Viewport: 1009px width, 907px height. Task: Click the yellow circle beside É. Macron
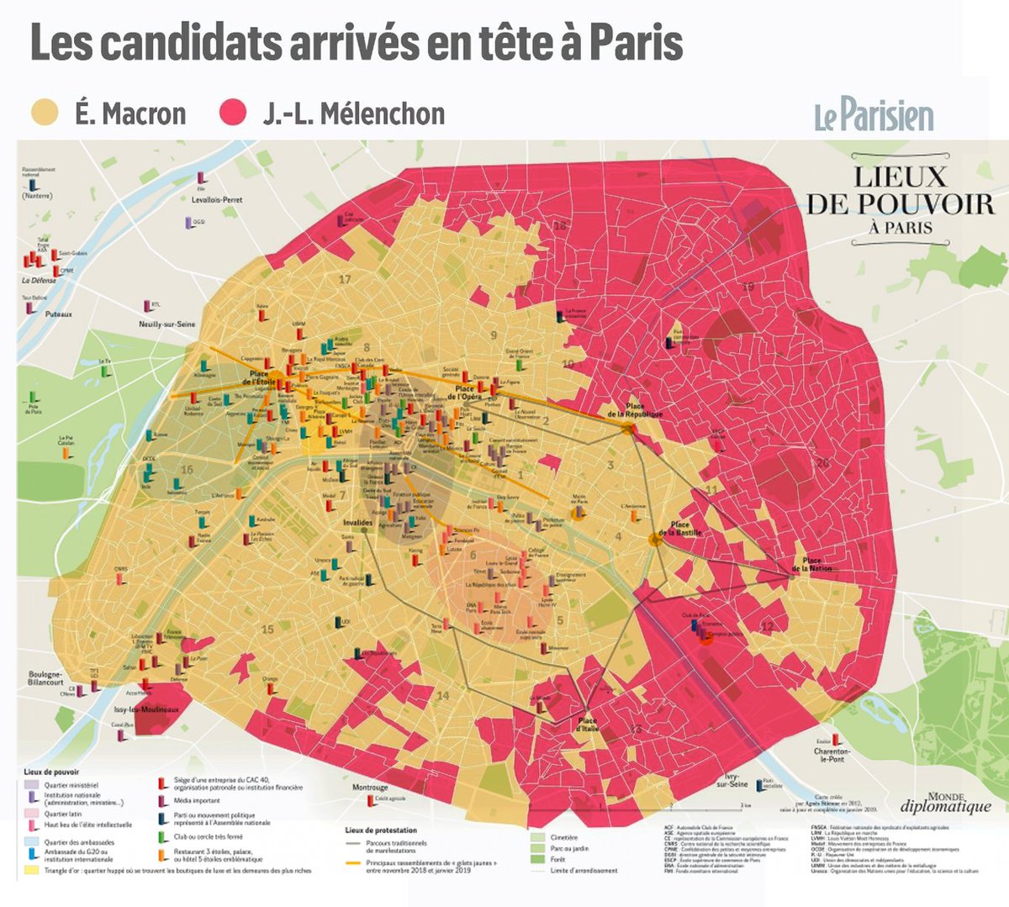coord(45,113)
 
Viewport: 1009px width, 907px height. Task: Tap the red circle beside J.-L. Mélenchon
coord(232,113)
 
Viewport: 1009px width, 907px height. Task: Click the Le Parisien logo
coord(874,116)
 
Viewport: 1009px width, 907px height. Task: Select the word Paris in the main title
coord(636,44)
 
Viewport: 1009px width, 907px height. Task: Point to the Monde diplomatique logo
coord(946,803)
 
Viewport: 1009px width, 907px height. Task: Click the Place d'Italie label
coord(587,725)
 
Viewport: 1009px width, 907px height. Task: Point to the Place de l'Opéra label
coord(465,393)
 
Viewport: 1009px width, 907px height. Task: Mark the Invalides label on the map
coord(357,523)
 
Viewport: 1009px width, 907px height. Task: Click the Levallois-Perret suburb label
coord(217,200)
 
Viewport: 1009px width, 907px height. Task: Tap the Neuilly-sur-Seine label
coord(167,324)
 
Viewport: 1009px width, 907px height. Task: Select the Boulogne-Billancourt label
coord(45,678)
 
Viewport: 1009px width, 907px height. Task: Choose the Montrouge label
coord(370,788)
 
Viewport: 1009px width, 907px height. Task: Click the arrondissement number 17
coord(344,279)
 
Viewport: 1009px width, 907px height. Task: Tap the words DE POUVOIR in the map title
coord(900,204)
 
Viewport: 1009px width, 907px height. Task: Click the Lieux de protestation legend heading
coord(381,830)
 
